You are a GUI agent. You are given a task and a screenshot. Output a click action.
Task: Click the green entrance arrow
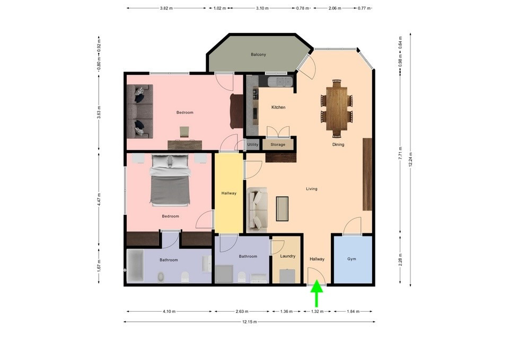click(317, 294)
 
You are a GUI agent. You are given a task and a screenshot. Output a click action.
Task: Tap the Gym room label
click(352, 259)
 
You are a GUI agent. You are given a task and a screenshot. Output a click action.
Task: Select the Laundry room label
click(288, 256)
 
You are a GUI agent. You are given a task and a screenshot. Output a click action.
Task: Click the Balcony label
click(258, 55)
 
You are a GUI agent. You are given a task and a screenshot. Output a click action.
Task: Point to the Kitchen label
click(278, 108)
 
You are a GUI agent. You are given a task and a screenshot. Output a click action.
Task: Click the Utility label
click(252, 144)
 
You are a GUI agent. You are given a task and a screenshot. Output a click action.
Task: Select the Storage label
click(278, 144)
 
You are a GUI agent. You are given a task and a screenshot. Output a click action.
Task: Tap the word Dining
click(338, 144)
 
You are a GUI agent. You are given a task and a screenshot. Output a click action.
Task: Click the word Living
click(312, 188)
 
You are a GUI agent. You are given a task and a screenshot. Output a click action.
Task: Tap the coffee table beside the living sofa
click(282, 208)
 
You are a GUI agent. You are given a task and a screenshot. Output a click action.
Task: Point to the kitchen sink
click(279, 81)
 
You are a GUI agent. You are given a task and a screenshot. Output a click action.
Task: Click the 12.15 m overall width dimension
click(249, 322)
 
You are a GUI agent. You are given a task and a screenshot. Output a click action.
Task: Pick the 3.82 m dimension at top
click(167, 8)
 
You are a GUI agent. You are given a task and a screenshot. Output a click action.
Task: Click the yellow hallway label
click(229, 193)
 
